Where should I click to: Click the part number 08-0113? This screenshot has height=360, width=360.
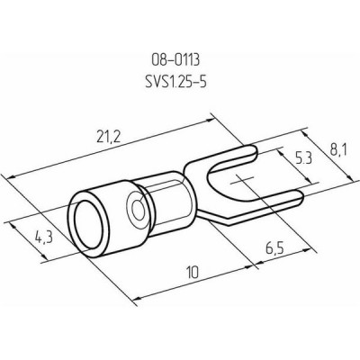pos(175,61)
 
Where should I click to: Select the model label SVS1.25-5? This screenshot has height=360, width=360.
pos(175,82)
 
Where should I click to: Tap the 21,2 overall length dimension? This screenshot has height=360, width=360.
pos(109,138)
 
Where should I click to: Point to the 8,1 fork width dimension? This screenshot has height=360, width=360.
pos(338,150)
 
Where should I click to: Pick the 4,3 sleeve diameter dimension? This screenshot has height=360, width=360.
pos(44,238)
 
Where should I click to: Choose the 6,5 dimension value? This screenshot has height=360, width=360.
pos(274,249)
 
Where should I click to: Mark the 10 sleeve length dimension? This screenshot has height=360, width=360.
pos(193,273)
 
